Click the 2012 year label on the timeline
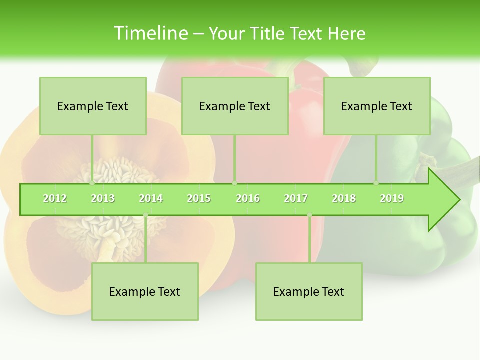[55, 198]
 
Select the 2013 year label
[103, 198]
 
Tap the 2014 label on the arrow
[151, 198]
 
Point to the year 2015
[199, 198]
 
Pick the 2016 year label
[248, 198]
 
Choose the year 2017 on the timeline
[296, 198]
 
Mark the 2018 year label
[344, 198]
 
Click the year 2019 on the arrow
[392, 198]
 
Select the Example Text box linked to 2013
[93, 106]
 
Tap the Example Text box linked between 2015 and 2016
[235, 106]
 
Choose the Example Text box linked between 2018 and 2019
[377, 106]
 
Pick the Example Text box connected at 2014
[145, 291]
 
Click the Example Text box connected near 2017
[309, 291]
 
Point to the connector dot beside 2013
[92, 183]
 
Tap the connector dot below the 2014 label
[145, 215]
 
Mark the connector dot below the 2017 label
[309, 215]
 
